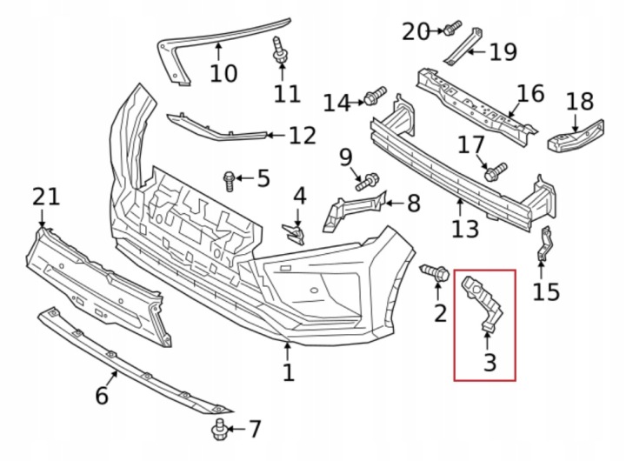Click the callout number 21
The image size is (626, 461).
(x=46, y=197)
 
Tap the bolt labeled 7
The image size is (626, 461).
(x=219, y=430)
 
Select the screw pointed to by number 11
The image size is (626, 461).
(x=281, y=50)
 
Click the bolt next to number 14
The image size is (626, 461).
(x=375, y=96)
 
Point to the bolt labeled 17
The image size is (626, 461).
(x=496, y=171)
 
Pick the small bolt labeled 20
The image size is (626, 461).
(x=452, y=27)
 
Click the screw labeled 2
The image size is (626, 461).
(x=435, y=272)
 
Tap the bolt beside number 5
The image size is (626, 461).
(x=230, y=181)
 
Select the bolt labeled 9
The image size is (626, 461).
(x=367, y=182)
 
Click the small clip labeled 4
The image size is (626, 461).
(x=295, y=234)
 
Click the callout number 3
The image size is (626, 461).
(x=489, y=362)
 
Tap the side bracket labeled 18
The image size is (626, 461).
(x=576, y=137)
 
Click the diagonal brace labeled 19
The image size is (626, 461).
(x=463, y=46)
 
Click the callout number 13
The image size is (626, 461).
(x=465, y=229)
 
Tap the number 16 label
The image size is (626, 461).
(x=530, y=93)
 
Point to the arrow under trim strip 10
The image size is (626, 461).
(x=218, y=52)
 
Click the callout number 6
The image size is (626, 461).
(x=102, y=396)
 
